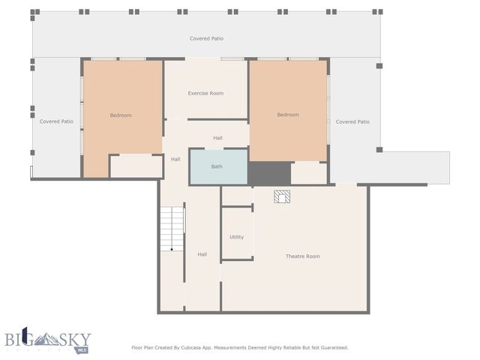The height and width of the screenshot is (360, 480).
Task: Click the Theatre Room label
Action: [302, 256]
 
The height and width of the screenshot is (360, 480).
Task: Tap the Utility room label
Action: [236, 237]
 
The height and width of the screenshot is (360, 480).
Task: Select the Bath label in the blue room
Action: [217, 166]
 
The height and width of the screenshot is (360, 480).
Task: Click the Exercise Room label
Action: [205, 94]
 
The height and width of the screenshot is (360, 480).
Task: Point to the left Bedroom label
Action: [121, 115]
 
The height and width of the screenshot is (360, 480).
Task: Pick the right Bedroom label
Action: [288, 115]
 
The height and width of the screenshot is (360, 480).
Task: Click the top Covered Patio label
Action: [206, 38]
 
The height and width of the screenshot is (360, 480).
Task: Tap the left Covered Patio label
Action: [56, 121]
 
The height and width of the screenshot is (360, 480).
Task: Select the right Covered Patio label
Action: [352, 121]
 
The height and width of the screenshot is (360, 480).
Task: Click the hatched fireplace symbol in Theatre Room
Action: [281, 196]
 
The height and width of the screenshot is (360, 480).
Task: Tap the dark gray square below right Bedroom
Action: [269, 172]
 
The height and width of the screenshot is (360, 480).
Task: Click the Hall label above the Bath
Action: [217, 138]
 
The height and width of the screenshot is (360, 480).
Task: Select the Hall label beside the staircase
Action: [202, 255]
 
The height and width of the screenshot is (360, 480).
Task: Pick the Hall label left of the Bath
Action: [175, 159]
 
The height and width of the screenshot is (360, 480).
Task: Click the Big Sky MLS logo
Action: [46, 340]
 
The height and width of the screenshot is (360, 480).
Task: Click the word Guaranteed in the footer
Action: [331, 347]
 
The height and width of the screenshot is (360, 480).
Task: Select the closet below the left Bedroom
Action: [136, 166]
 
